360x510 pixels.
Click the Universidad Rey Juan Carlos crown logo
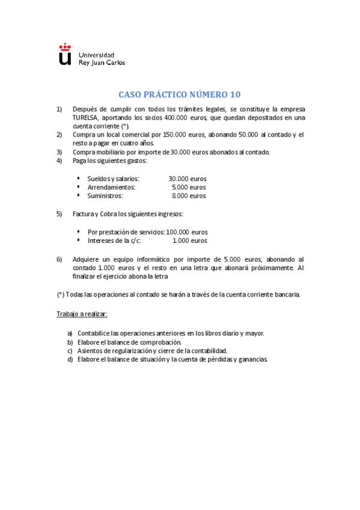(x=65, y=54)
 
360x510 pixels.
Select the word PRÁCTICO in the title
(x=167, y=94)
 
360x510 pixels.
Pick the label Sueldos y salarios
(x=113, y=179)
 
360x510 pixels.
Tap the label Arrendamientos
(x=111, y=187)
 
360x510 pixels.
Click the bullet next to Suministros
(x=79, y=195)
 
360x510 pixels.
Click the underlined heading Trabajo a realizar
(x=82, y=314)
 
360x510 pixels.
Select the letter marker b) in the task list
(x=70, y=342)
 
